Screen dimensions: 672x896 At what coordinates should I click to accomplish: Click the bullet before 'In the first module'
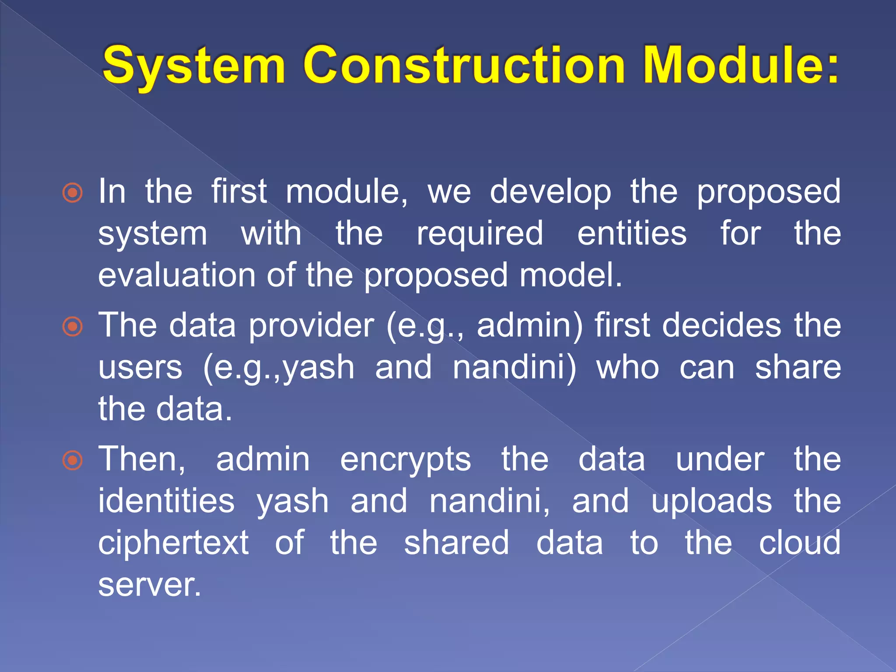tap(73, 192)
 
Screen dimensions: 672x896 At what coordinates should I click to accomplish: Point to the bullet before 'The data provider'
tap(73, 326)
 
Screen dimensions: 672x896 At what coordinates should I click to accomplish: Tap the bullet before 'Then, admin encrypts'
tap(73, 460)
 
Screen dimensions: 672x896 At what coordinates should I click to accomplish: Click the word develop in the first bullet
tap(550, 192)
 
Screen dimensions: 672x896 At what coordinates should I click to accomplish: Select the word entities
tap(632, 234)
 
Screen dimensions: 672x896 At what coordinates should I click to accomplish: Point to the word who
tap(627, 367)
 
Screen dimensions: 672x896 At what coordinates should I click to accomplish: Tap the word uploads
tap(711, 502)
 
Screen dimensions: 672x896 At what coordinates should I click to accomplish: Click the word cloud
tap(799, 542)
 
